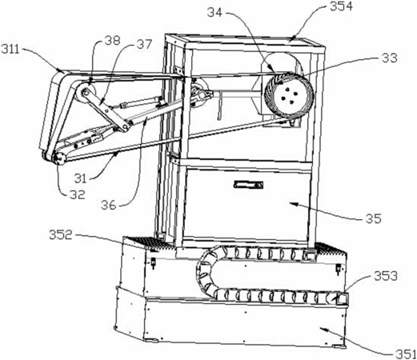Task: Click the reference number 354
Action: click(x=341, y=6)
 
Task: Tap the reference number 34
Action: click(x=215, y=12)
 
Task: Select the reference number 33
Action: click(x=390, y=58)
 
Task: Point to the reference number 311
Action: click(x=10, y=50)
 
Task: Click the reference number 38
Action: click(x=113, y=41)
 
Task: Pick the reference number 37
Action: click(x=144, y=44)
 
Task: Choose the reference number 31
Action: click(x=80, y=178)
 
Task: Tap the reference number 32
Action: click(x=78, y=194)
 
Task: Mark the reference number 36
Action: click(x=109, y=205)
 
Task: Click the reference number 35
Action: click(x=374, y=218)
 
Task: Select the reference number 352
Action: click(x=60, y=235)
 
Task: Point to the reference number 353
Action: click(x=386, y=276)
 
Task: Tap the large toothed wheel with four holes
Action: click(x=289, y=95)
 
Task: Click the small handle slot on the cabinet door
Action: click(x=248, y=185)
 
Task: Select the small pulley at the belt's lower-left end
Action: click(x=58, y=158)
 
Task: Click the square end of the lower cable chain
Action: click(x=343, y=298)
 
